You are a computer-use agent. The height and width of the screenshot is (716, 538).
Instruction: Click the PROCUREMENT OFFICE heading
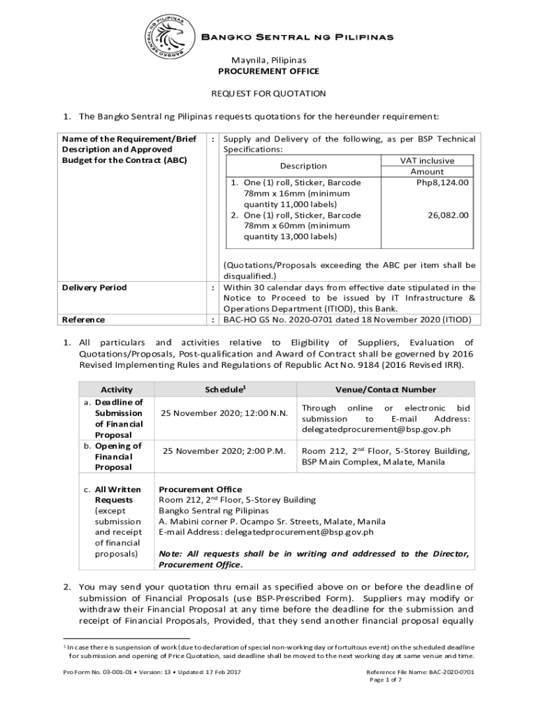point(269,71)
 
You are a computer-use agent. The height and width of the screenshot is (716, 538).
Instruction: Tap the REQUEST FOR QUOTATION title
point(269,93)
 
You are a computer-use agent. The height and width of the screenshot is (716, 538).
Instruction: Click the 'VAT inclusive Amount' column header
point(427,166)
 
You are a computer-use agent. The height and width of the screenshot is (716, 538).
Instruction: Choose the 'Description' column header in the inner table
point(303,166)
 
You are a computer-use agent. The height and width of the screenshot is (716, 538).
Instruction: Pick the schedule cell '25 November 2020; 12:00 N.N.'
point(224,413)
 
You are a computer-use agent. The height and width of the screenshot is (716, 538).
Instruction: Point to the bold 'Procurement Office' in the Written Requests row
point(201,489)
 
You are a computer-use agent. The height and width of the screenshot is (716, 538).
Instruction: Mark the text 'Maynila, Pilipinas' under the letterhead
point(269,60)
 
